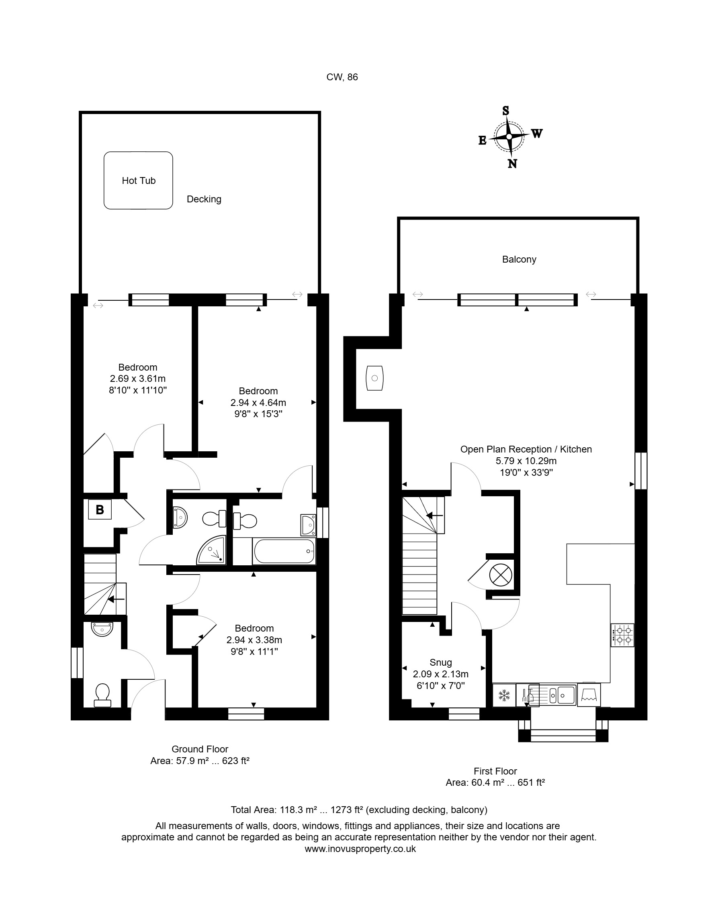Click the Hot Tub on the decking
(x=138, y=180)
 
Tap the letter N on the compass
(x=512, y=164)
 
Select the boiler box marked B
(x=100, y=510)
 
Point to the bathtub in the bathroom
(x=284, y=551)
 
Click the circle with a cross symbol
(x=501, y=575)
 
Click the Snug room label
(x=440, y=662)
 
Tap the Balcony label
(x=519, y=259)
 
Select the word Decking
(x=204, y=199)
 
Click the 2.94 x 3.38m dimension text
(x=254, y=640)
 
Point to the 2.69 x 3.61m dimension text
(x=138, y=379)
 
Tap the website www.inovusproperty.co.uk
(x=360, y=849)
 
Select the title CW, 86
(x=342, y=77)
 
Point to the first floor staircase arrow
(x=434, y=516)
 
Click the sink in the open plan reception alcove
(x=374, y=378)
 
